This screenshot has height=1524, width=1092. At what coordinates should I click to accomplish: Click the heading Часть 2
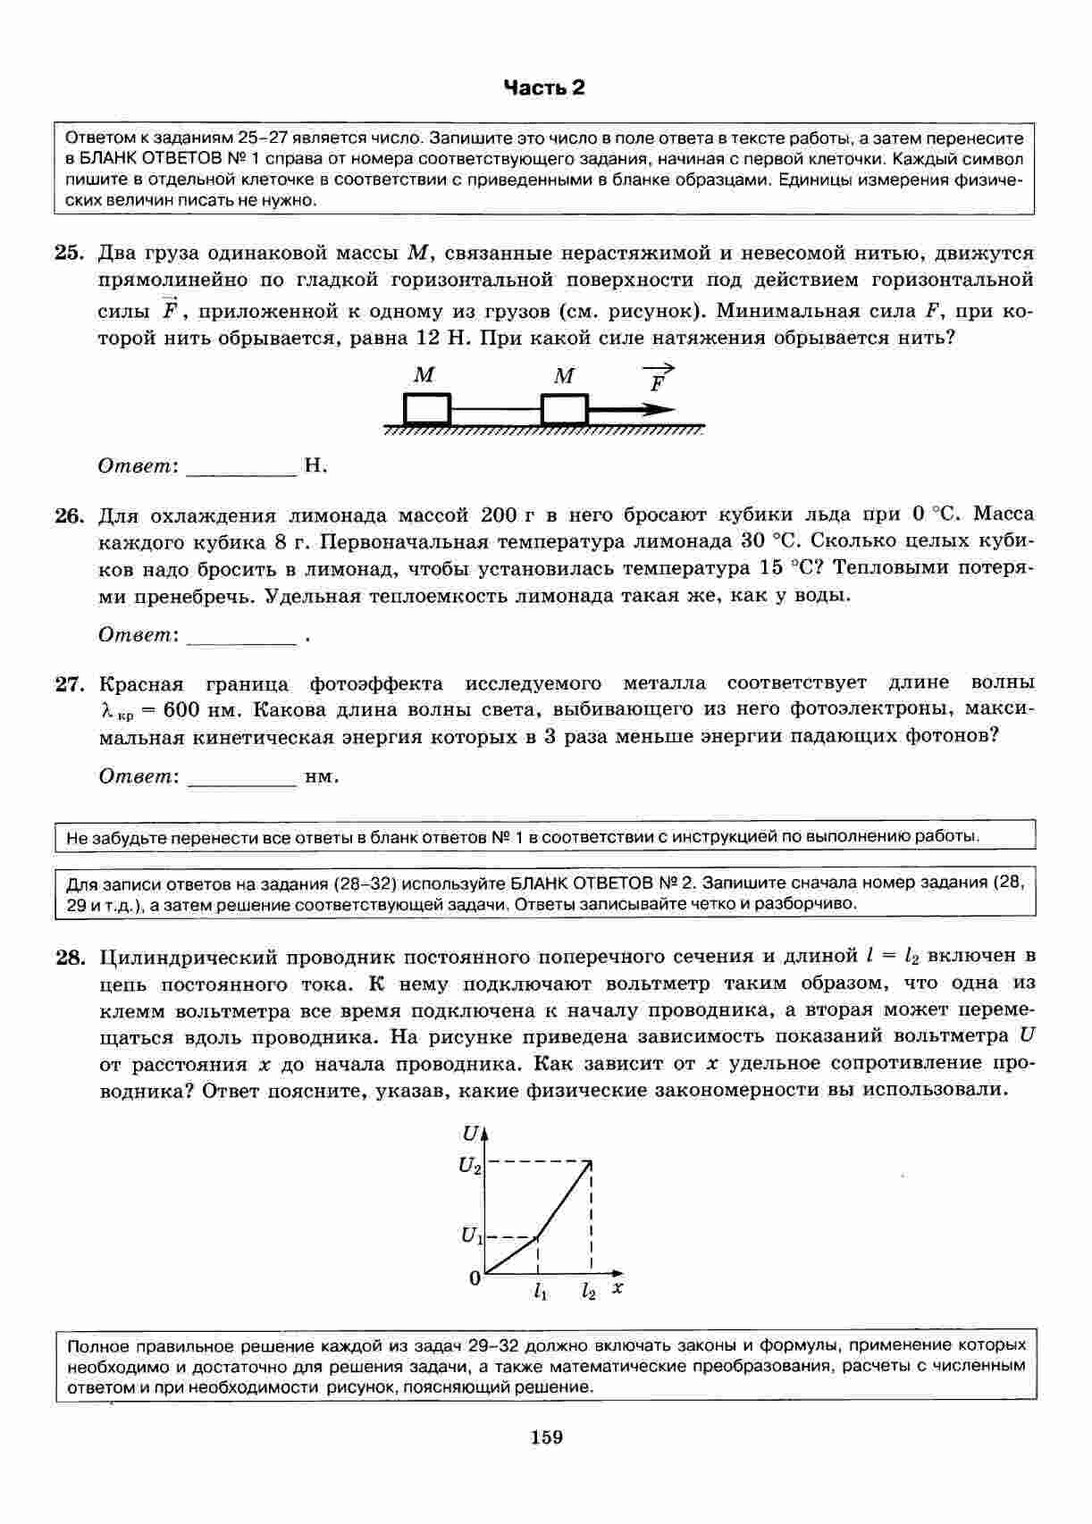[544, 88]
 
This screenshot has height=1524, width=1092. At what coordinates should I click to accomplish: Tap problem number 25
[69, 253]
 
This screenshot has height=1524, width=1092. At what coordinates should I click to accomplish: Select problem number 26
[69, 515]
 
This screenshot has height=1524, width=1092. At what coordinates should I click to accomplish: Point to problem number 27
[69, 684]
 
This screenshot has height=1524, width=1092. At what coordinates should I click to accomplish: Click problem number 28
[69, 958]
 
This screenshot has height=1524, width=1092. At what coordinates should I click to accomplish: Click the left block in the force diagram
[426, 410]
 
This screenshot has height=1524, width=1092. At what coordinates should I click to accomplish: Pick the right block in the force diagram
[564, 410]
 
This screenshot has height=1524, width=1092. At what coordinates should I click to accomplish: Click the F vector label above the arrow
[659, 380]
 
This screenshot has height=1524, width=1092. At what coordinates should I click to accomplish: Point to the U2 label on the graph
[470, 1165]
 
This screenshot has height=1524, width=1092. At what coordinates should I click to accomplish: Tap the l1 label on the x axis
[540, 1292]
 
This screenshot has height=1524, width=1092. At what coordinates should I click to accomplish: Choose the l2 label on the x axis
[588, 1292]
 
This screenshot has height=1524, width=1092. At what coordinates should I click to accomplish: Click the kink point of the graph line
[537, 1237]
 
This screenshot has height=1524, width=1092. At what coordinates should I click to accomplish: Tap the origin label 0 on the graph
[475, 1278]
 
